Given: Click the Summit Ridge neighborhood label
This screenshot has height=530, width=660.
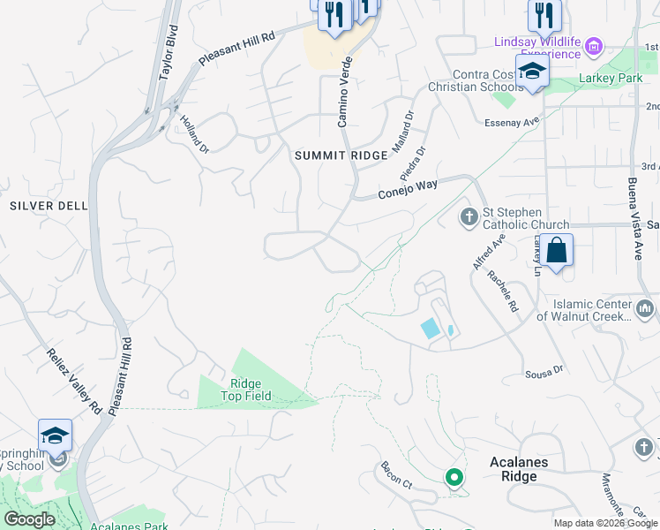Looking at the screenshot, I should click(x=341, y=155).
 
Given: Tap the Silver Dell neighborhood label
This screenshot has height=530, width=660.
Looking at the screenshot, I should click(x=49, y=206).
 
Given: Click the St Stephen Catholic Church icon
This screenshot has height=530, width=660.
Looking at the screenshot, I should click(x=469, y=216).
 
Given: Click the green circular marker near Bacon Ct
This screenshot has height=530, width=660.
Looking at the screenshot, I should click(x=454, y=479).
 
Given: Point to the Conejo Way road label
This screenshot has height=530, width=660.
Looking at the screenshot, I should click(x=408, y=189).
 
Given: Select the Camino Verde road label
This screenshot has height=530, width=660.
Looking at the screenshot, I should click(x=345, y=89).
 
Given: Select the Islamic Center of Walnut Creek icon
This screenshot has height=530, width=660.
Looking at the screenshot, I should click(x=645, y=309).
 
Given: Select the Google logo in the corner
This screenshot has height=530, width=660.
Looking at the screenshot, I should click(x=30, y=519).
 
